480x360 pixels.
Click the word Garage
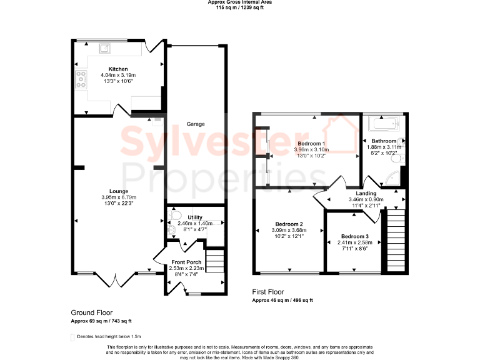click(195, 124)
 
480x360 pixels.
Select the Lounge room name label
click(118, 191)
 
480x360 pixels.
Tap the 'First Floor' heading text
click(268, 292)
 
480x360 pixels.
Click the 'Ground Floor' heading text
click(92, 312)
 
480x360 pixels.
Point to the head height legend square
click(72, 336)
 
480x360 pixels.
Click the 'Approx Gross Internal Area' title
click(240, 2)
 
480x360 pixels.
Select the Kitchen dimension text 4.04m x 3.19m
click(118, 75)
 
